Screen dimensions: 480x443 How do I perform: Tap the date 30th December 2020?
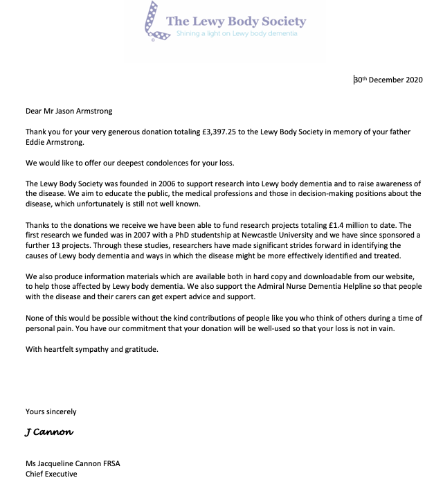[x=388, y=80]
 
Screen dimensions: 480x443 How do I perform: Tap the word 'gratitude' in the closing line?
[x=141, y=349]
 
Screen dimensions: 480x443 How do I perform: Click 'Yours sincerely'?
[x=51, y=411]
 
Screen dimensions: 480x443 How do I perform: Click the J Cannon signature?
[x=48, y=432]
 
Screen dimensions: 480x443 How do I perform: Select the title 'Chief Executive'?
[x=51, y=474]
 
